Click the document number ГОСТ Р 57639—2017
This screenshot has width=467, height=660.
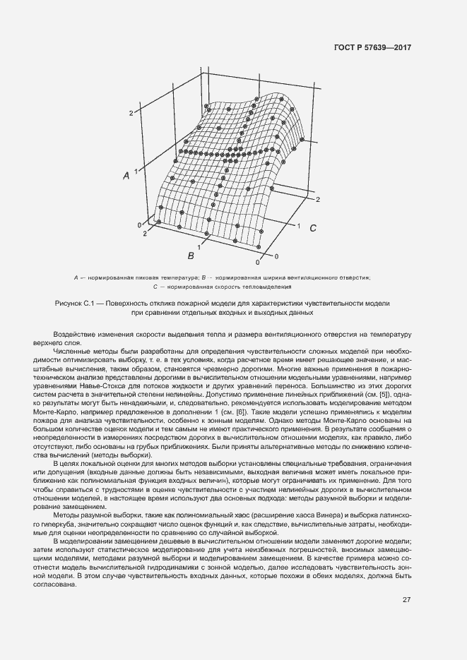pyautogui.click(x=372, y=47)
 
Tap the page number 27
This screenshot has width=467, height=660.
pyautogui.click(x=406, y=600)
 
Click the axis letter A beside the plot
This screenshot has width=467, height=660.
pyautogui.click(x=126, y=176)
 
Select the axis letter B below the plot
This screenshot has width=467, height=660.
pyautogui.click(x=190, y=255)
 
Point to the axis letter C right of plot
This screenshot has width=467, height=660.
pyautogui.click(x=312, y=228)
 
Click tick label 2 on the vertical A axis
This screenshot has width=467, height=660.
pyautogui.click(x=131, y=113)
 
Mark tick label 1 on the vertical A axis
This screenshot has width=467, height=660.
pyautogui.click(x=135, y=171)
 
